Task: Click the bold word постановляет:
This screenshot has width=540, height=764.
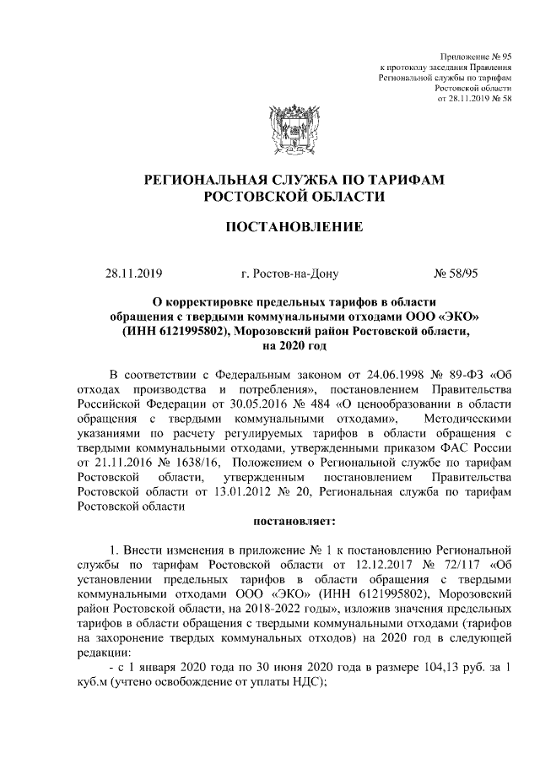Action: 294,520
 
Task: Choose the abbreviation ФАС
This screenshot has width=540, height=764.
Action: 453,449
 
